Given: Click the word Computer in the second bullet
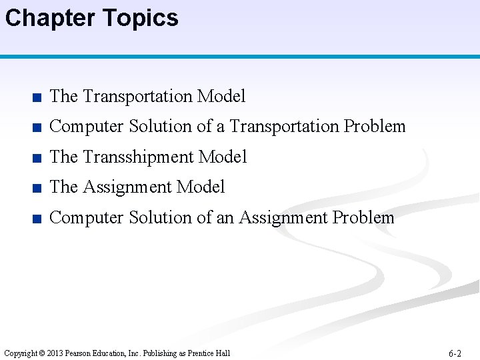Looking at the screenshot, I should coord(87,127).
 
